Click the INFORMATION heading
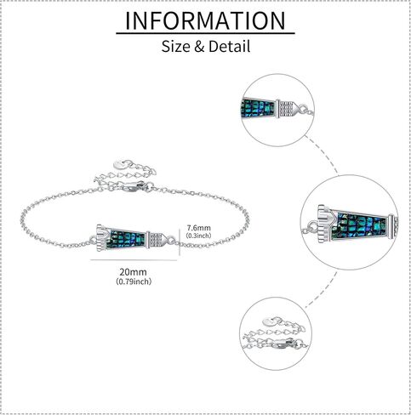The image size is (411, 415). (x=205, y=20)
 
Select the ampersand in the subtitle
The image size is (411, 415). (x=199, y=47)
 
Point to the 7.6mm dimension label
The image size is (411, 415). (x=198, y=228)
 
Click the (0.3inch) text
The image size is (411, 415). (x=198, y=236)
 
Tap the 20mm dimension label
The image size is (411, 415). (x=133, y=272)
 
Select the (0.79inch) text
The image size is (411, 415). (x=134, y=281)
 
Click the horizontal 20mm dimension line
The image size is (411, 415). (x=134, y=260)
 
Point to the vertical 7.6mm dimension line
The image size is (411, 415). (x=180, y=242)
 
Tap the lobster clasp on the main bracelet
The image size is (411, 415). (x=135, y=186)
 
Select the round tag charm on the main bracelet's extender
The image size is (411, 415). (x=119, y=164)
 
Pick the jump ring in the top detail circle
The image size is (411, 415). (x=304, y=109)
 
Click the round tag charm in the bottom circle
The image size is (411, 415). (x=269, y=321)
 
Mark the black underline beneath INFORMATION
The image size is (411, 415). (x=205, y=33)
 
